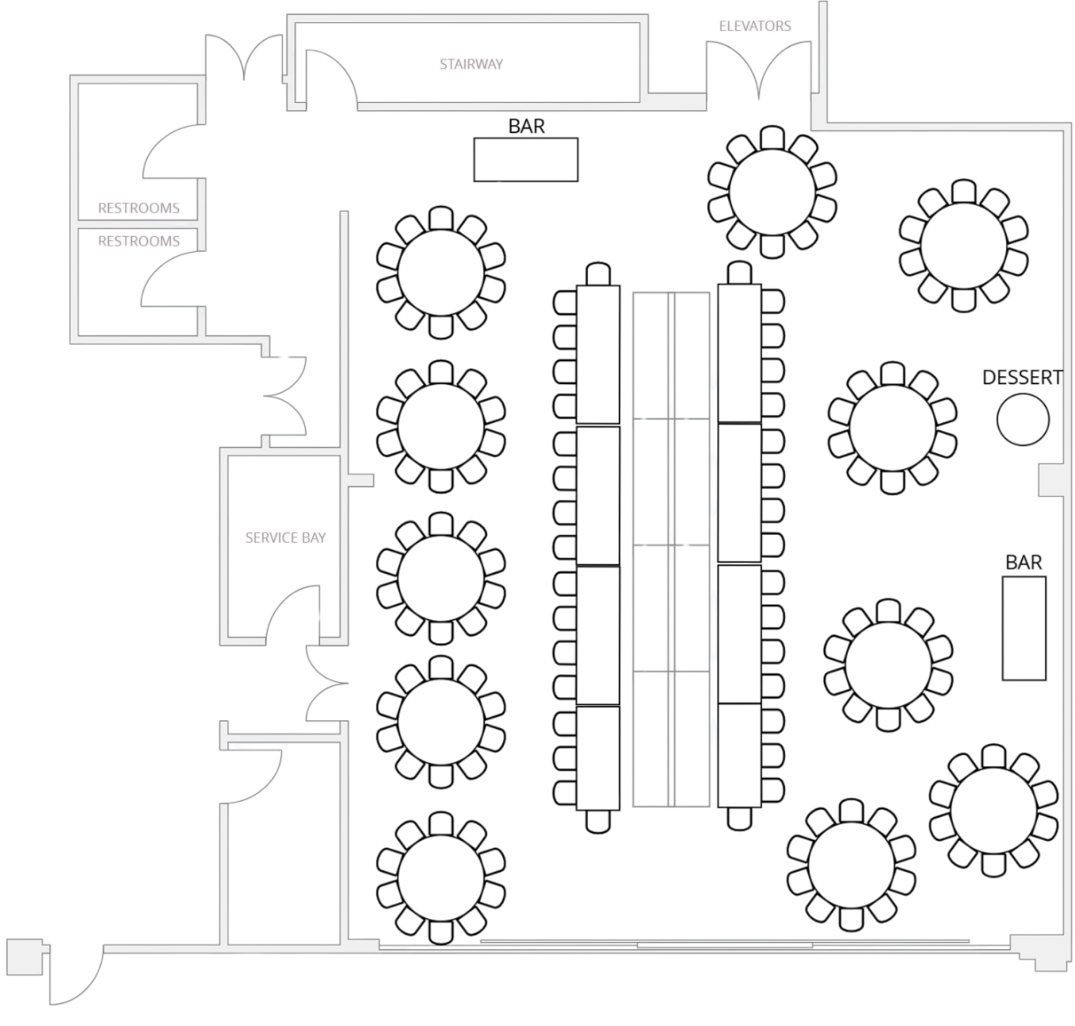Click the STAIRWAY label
pyautogui.click(x=471, y=64)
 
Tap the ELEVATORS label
pyautogui.click(x=755, y=26)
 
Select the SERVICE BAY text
pyautogui.click(x=285, y=537)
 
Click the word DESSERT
pyautogui.click(x=1022, y=378)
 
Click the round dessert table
pyautogui.click(x=1023, y=418)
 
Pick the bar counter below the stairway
pyautogui.click(x=525, y=159)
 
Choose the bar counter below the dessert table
pyautogui.click(x=1024, y=627)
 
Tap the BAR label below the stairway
pyautogui.click(x=527, y=126)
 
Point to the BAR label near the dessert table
pyautogui.click(x=1024, y=563)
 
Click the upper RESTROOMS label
pyautogui.click(x=139, y=208)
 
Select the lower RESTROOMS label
pyautogui.click(x=139, y=240)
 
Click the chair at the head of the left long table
pyautogui.click(x=597, y=273)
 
